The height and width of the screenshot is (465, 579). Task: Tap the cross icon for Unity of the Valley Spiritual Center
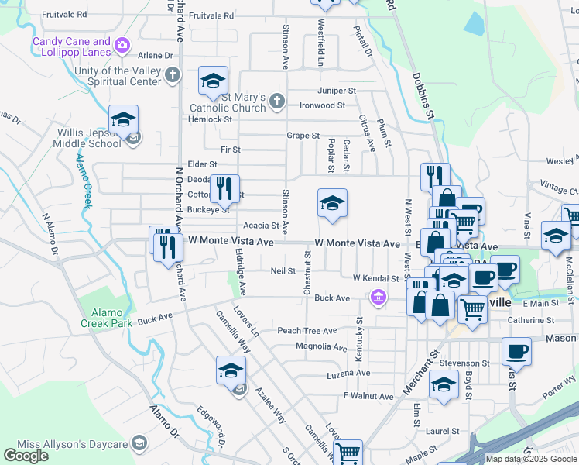[x=172, y=76]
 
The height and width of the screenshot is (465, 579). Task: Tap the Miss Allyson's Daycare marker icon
[x=139, y=443]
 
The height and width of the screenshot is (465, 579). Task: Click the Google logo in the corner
[x=26, y=456]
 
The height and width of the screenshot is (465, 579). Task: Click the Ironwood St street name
[x=322, y=105]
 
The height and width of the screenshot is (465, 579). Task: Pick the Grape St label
[x=303, y=136]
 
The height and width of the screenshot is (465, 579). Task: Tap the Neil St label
[x=283, y=271]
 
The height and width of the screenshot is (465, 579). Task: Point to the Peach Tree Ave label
[x=307, y=331]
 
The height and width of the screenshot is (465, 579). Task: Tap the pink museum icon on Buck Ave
[x=378, y=298]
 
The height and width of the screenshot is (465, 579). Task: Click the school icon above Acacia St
[x=332, y=204]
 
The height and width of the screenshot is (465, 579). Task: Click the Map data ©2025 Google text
[x=531, y=459]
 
